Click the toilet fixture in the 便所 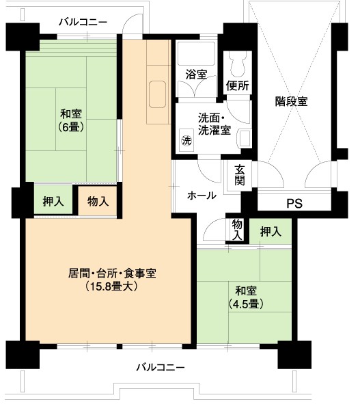(x=238, y=64)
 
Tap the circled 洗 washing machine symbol (x=186, y=140)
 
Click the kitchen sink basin (x=157, y=94)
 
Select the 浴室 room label (x=197, y=75)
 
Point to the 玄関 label (x=240, y=175)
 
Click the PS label (x=294, y=204)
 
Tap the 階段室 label (x=291, y=101)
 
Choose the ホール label (x=202, y=196)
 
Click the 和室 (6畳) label (x=71, y=120)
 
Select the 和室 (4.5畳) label (x=246, y=297)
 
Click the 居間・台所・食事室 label (x=112, y=273)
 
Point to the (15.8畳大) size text (x=111, y=286)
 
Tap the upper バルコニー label (x=83, y=22)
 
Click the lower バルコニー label (x=160, y=367)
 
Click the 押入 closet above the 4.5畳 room (x=271, y=231)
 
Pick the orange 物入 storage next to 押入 (x=98, y=201)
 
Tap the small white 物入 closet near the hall (x=237, y=230)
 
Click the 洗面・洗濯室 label (x=214, y=124)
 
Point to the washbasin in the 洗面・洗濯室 (x=245, y=139)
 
